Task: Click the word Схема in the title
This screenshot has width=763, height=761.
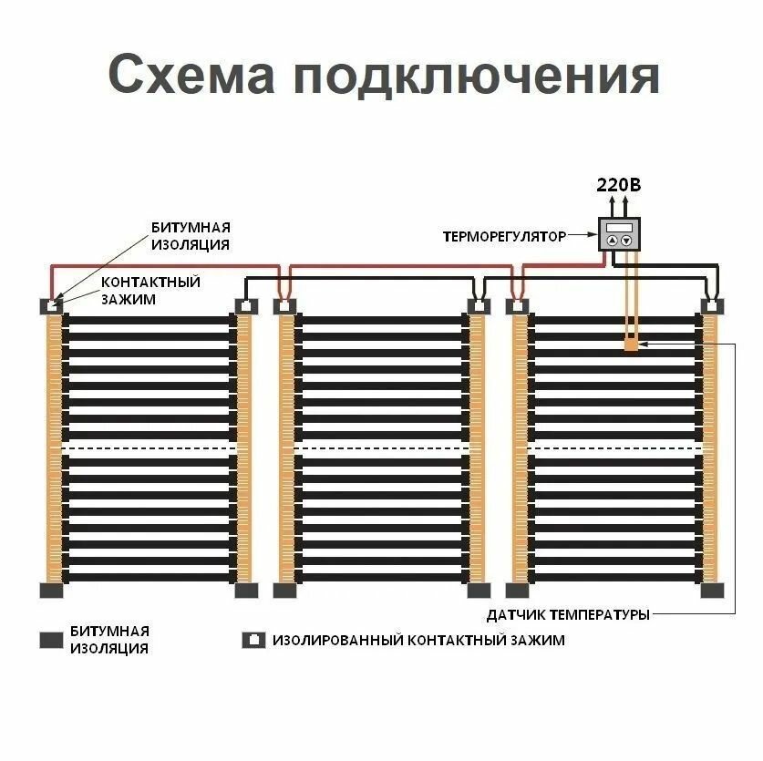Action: [189, 75]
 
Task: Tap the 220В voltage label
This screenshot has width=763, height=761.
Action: [619, 185]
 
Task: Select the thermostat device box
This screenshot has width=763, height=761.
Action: [620, 235]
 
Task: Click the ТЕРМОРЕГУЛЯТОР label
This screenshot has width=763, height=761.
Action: [504, 236]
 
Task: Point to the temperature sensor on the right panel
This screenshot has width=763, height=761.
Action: [631, 345]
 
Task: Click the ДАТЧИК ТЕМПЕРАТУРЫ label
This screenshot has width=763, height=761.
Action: [568, 614]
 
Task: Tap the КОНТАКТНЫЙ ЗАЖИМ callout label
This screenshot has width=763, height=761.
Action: [150, 290]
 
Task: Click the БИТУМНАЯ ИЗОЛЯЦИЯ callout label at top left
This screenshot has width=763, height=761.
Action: [190, 235]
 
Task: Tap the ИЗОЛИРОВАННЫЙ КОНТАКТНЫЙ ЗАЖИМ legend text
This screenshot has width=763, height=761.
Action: [418, 640]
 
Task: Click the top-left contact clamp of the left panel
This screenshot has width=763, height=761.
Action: [51, 306]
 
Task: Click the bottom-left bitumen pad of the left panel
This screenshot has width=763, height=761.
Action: [51, 590]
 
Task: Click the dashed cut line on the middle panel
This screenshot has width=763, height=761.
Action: [381, 447]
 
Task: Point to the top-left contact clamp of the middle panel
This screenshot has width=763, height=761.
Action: [284, 306]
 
